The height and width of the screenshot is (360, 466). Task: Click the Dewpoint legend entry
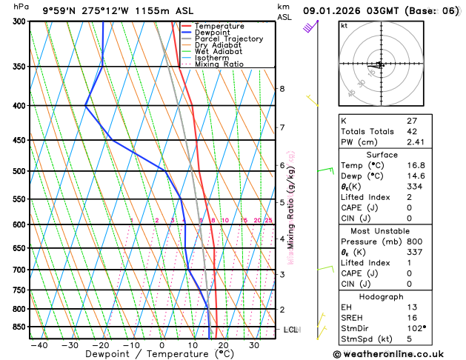pyautogui.click(x=213, y=33)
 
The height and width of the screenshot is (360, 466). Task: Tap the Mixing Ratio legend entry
pyautogui.click(x=219, y=64)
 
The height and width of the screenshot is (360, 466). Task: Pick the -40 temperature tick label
pyautogui.click(x=39, y=344)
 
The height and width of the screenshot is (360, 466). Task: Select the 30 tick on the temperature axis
pyautogui.click(x=253, y=344)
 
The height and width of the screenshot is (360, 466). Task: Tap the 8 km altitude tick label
pyautogui.click(x=282, y=89)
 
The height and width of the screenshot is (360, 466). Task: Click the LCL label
pyautogui.click(x=290, y=330)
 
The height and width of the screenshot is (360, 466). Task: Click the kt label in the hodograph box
pyautogui.click(x=344, y=25)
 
